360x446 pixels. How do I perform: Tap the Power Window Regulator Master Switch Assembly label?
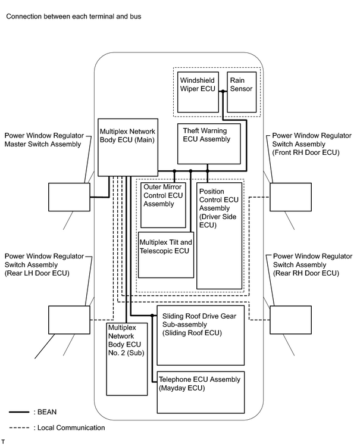(44, 140)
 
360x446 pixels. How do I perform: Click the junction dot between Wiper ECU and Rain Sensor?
(223, 91)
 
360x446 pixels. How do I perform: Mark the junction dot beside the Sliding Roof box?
(152, 316)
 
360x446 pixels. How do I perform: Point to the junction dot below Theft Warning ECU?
(208, 171)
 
